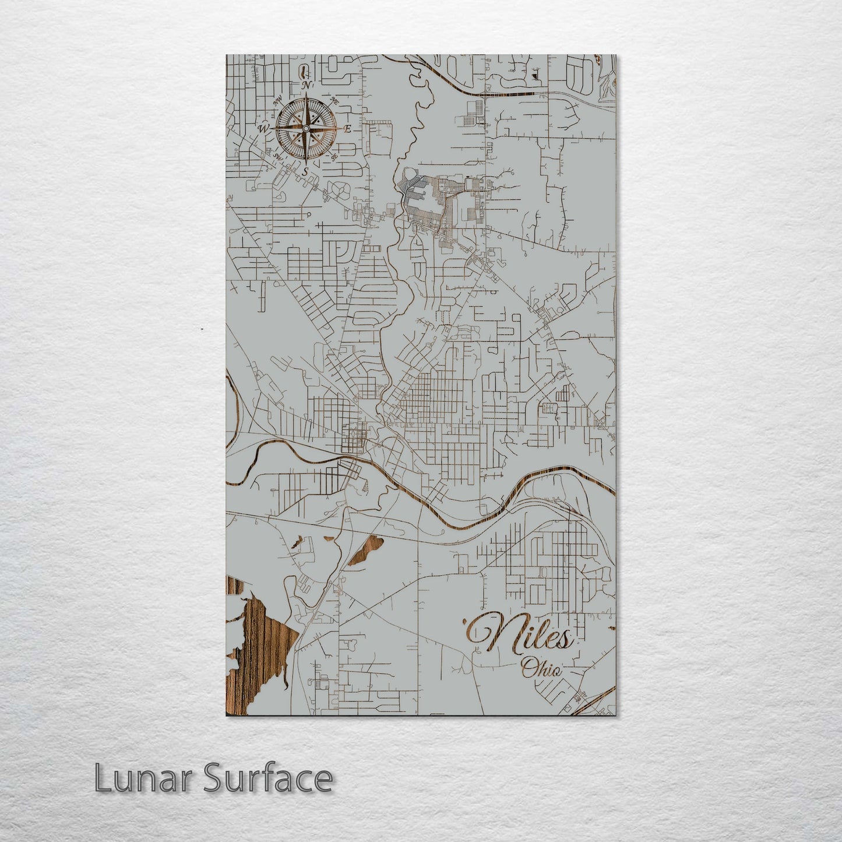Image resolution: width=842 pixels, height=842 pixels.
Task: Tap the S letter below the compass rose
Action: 305,171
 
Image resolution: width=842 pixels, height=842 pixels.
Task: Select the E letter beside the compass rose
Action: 347,129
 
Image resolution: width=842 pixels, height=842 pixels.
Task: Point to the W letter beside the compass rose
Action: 264,128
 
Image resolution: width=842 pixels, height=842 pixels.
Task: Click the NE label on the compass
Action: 335,101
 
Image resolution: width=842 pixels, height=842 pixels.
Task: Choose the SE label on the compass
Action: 334,157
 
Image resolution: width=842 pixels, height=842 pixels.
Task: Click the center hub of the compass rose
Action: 305,128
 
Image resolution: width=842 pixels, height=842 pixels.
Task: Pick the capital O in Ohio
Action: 529,668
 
